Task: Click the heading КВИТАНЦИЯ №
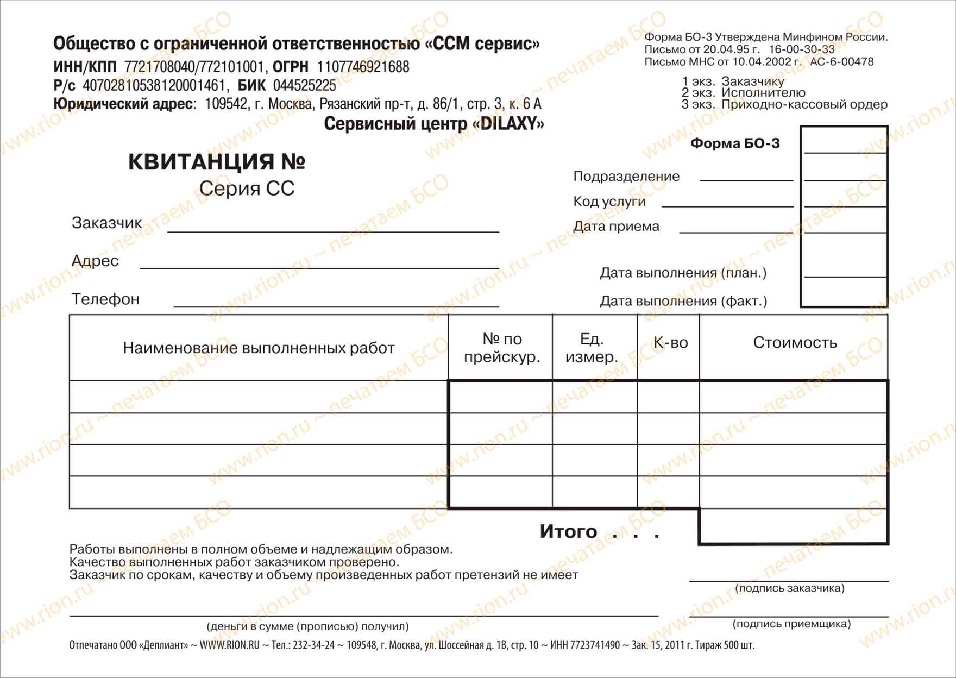tap(216, 162)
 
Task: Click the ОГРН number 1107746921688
tap(363, 67)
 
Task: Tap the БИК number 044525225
tap(304, 86)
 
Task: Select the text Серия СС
tap(247, 189)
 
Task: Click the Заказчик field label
tap(106, 223)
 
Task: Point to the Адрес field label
tap(95, 261)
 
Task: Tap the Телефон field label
tap(105, 299)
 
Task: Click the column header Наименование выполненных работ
tap(259, 348)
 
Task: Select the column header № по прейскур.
tap(501, 348)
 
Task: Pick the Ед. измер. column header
tap(592, 348)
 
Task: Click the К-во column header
tap(670, 343)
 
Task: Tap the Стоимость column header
tap(795, 343)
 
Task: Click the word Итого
tap(568, 531)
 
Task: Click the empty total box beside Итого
tap(793, 526)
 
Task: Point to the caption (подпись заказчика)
tap(789, 588)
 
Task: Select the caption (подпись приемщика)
tap(791, 624)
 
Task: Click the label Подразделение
tap(626, 177)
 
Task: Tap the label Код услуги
tap(609, 202)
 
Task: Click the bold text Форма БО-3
tap(734, 143)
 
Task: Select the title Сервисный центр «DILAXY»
tap(433, 124)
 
